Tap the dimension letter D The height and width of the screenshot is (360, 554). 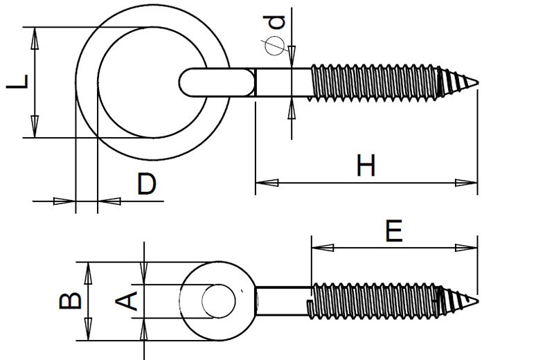click(145, 185)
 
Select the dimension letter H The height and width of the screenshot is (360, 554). click(366, 167)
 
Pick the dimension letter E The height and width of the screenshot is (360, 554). click(393, 232)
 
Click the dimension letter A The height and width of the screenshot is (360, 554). click(127, 300)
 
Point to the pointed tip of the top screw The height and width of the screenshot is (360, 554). click(477, 84)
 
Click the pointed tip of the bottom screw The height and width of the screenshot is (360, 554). click(477, 300)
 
